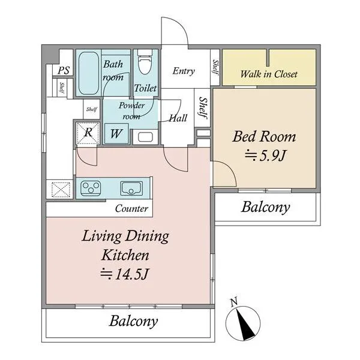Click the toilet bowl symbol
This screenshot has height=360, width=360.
tap(145, 62)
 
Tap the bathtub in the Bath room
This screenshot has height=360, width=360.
tap(89, 73)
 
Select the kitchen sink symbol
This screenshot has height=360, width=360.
tap(131, 188)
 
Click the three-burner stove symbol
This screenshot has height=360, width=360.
tap(91, 188)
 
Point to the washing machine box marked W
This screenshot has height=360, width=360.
tap(116, 133)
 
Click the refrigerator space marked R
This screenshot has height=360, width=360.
tap(88, 133)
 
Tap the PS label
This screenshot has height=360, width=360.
tap(64, 70)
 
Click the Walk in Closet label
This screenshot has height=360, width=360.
tap(269, 74)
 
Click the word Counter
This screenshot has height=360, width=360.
tap(131, 208)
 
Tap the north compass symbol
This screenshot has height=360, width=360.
tap(243, 323)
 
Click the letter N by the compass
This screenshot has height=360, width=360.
tap(234, 302)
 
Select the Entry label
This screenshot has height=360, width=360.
tap(184, 71)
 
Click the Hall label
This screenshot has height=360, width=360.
tap(178, 118)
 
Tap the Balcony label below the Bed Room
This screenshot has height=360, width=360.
tap(266, 208)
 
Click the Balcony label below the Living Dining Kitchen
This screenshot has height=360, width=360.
tap(133, 321)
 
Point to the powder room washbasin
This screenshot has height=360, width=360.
tap(145, 137)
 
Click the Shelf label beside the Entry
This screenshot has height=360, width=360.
tap(215, 67)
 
